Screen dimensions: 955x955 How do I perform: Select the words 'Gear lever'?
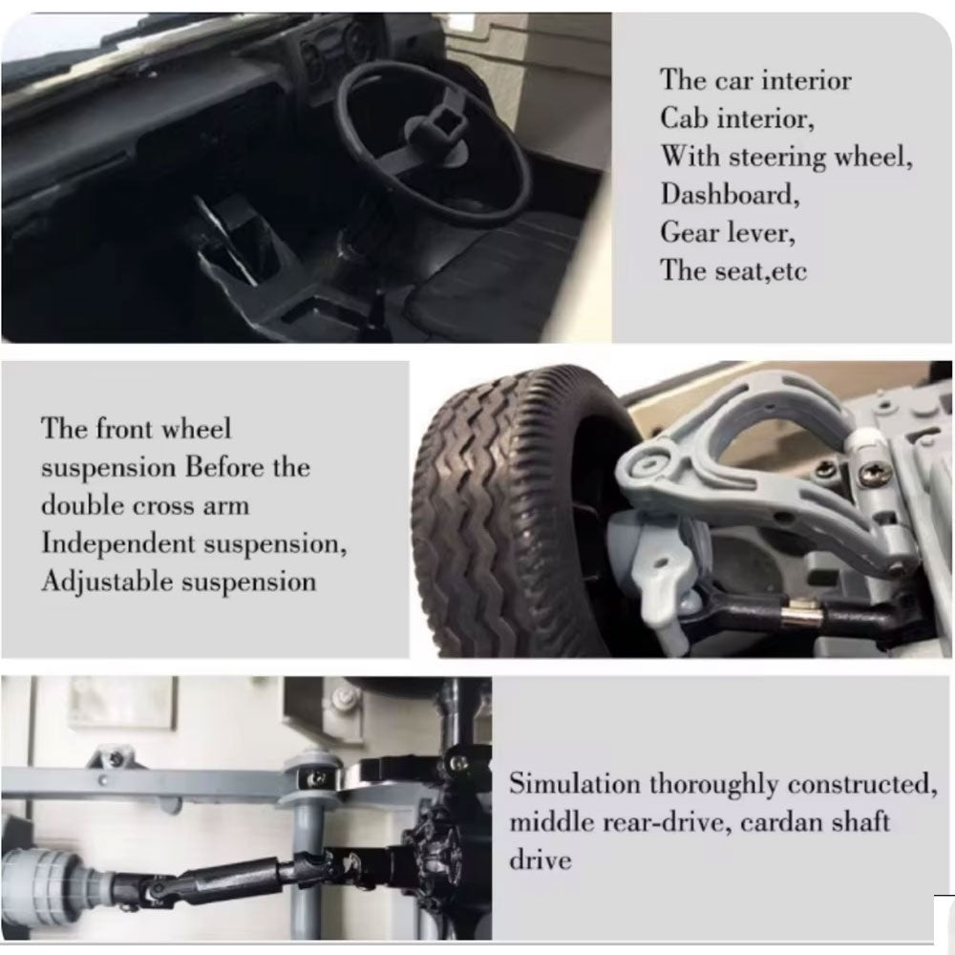(x=728, y=233)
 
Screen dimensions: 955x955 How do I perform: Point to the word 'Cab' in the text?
(x=684, y=117)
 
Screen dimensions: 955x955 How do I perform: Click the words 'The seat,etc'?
(x=733, y=270)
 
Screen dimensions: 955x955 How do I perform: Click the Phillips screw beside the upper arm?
(x=871, y=471)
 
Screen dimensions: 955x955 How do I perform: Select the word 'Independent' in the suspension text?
(x=118, y=543)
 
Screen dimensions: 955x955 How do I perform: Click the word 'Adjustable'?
(x=108, y=582)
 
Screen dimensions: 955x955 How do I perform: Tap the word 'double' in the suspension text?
(x=83, y=505)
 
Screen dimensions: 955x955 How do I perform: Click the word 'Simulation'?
(x=575, y=783)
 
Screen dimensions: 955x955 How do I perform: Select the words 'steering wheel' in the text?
(x=820, y=158)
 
